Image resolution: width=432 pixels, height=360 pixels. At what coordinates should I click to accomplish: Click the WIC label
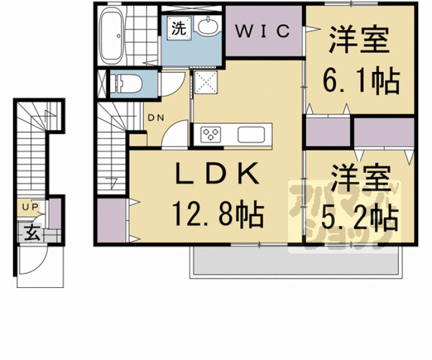point(263,29)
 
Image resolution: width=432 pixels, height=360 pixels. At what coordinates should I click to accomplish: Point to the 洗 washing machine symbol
point(179,28)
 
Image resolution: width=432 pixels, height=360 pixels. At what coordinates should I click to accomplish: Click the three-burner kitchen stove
point(212,133)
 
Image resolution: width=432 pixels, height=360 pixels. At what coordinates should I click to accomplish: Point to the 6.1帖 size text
point(361,80)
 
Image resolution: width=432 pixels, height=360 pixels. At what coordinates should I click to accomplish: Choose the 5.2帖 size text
point(360,217)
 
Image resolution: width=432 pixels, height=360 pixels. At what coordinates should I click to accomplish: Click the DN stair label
point(156,116)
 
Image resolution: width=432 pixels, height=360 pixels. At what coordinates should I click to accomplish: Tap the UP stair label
point(29,206)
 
